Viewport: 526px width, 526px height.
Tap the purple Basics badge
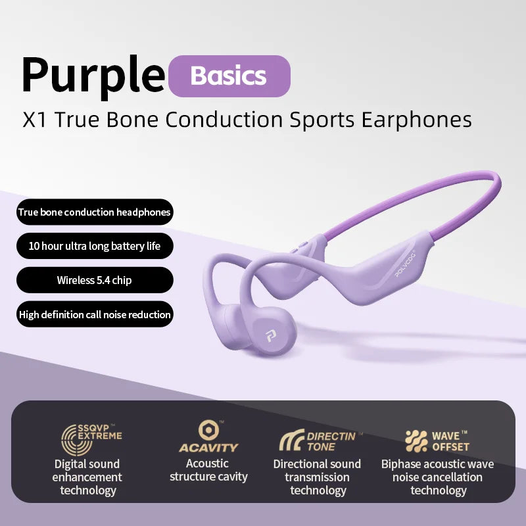point(229,76)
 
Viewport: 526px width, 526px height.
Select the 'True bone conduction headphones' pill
point(95,212)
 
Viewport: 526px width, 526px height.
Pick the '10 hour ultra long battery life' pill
point(95,247)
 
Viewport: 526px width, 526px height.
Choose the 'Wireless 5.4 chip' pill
point(95,280)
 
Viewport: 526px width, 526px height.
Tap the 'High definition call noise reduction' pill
point(95,314)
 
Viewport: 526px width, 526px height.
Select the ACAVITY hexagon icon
point(208,431)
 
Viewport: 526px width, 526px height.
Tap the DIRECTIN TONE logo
point(318,441)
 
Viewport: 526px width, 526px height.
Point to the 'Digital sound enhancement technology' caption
point(87,477)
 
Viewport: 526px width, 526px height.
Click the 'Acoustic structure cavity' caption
point(208,470)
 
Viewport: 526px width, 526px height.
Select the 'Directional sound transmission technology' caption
point(317,477)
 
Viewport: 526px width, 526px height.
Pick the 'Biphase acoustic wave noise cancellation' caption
point(438,477)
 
